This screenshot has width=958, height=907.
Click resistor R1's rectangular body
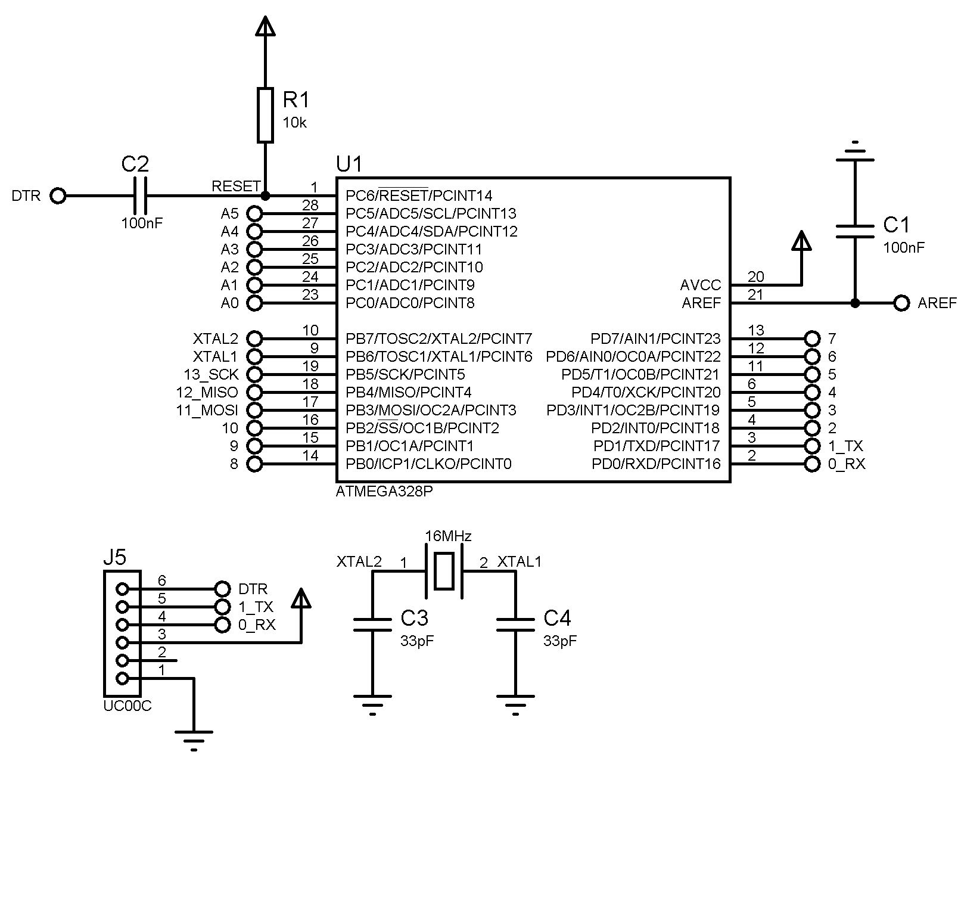click(x=265, y=115)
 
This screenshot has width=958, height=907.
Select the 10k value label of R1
click(x=294, y=123)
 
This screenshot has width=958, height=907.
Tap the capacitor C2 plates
click(x=141, y=195)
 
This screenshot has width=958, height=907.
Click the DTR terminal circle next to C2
click(x=58, y=195)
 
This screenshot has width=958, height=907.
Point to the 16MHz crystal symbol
click(x=444, y=571)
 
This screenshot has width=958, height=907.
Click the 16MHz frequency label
click(x=448, y=536)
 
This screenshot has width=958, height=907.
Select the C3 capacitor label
click(x=414, y=618)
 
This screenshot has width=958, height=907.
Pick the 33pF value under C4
click(x=559, y=641)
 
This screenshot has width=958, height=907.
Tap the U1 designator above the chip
click(x=349, y=163)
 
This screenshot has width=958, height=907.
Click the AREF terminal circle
click(x=902, y=303)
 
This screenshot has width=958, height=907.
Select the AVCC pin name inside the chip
click(x=701, y=285)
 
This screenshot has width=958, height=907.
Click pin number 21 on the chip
click(x=755, y=294)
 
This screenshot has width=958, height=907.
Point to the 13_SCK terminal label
click(x=211, y=374)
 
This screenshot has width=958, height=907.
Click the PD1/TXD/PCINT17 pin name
click(x=657, y=446)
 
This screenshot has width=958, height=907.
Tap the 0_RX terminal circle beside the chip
click(x=812, y=464)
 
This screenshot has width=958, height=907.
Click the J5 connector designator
click(x=114, y=557)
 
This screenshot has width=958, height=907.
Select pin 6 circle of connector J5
click(x=122, y=589)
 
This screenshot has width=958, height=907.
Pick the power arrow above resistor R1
click(x=265, y=26)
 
